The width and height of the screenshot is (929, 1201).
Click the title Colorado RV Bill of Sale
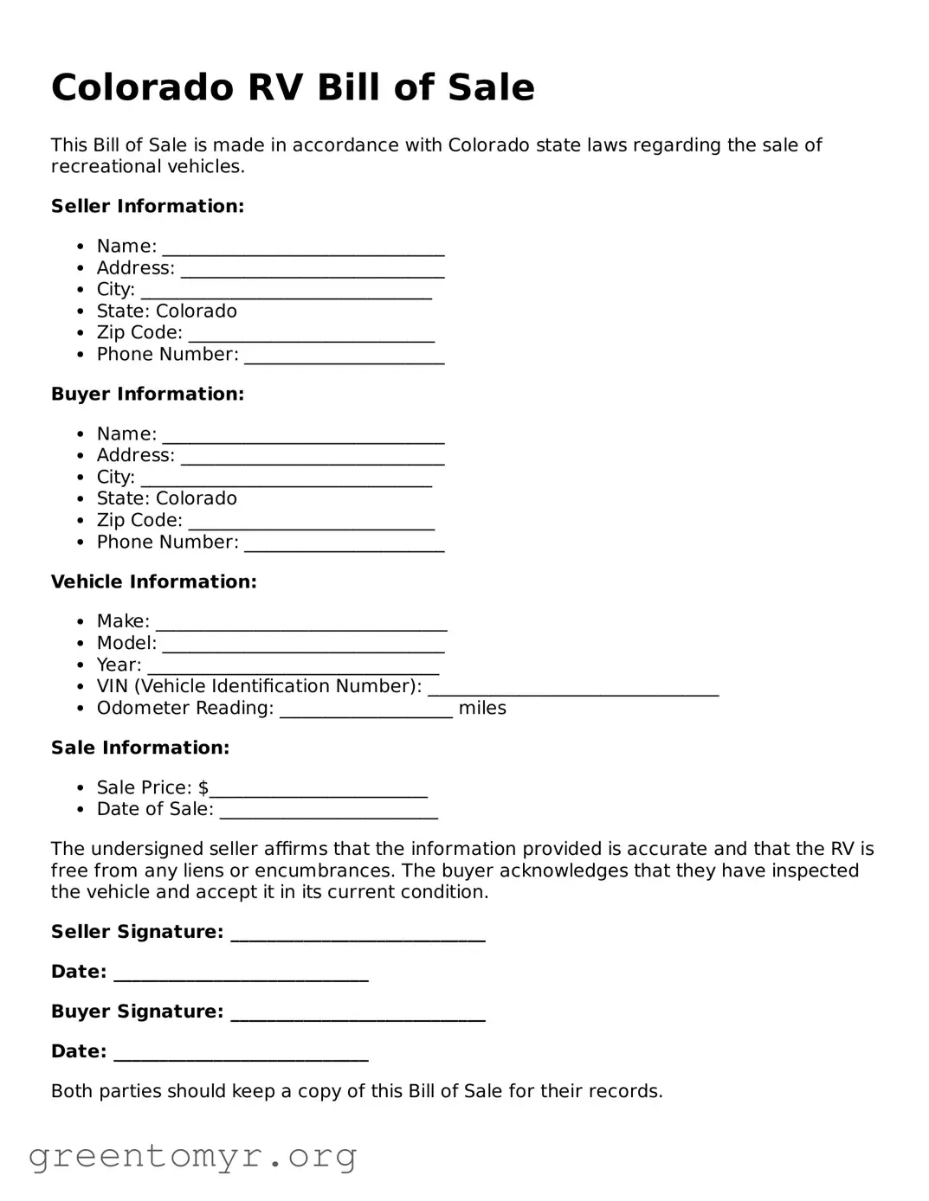click(293, 87)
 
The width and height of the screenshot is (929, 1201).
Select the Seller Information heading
click(147, 206)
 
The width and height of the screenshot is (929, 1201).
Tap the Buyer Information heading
click(147, 394)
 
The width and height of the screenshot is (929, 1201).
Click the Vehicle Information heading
click(153, 581)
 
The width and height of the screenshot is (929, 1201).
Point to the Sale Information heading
click(140, 748)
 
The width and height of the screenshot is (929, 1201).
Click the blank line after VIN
click(573, 687)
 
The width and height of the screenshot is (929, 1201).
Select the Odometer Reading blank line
click(365, 709)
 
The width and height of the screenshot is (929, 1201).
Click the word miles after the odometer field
click(482, 709)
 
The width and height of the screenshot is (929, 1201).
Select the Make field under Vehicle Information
click(301, 622)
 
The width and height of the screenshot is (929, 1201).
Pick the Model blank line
click(303, 644)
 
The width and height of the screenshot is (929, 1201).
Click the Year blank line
click(293, 665)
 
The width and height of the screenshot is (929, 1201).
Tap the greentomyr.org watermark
click(192, 1155)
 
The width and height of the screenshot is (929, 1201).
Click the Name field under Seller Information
click(303, 247)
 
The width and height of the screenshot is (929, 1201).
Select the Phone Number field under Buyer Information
click(344, 543)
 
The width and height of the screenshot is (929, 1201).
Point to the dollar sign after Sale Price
click(203, 788)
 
